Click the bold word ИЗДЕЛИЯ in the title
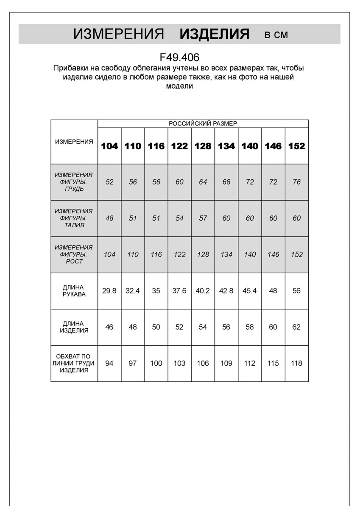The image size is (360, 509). tap(215, 34)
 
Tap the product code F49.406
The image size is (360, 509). tap(180, 57)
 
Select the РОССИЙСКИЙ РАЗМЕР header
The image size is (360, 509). tap(203, 123)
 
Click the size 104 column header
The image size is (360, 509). tap(109, 146)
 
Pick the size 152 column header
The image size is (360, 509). tap(296, 146)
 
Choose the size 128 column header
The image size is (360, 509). tap(203, 146)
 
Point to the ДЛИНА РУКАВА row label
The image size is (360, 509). tap(74, 291)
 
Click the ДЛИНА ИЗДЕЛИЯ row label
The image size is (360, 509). tap(74, 327)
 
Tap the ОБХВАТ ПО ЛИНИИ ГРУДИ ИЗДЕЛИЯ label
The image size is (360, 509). tap(74, 363)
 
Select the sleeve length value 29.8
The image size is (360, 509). tap(109, 291)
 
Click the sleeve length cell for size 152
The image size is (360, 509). tap(296, 291)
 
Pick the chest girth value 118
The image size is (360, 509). tap(296, 364)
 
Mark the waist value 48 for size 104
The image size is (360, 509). tap(109, 218)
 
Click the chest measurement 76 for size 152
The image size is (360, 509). tap(296, 182)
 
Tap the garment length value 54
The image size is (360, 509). tap(203, 327)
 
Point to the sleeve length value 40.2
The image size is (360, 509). tap(203, 291)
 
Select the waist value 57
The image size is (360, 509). tap(203, 218)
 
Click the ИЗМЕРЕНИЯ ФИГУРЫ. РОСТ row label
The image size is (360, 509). tap(74, 255)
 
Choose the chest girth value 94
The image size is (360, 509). tap(109, 364)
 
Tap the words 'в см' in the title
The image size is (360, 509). tap(276, 35)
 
